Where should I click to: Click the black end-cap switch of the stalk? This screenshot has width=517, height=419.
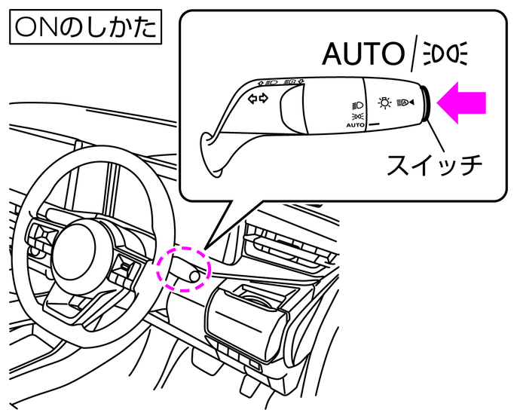click(426, 105)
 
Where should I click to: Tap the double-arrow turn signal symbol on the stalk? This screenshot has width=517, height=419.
click(258, 99)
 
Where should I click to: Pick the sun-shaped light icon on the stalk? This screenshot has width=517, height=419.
click(385, 102)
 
